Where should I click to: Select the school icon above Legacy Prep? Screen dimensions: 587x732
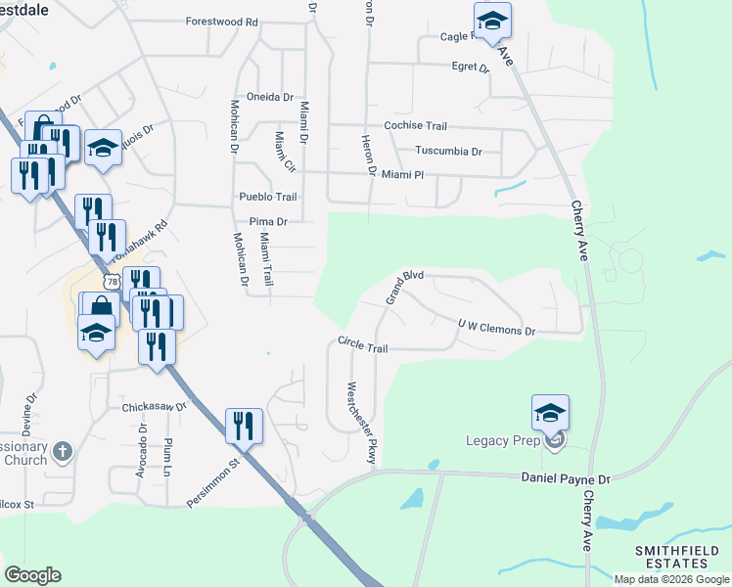coord(550,412)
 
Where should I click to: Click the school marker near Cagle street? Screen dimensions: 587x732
coord(492,20)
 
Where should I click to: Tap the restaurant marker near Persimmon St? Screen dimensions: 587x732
coord(244,426)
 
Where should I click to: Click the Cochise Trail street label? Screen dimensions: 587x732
coord(415,126)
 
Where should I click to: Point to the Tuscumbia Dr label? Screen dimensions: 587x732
coord(449,152)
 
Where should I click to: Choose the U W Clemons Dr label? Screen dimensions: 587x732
coord(496,328)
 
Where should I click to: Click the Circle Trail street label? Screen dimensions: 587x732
coord(363,345)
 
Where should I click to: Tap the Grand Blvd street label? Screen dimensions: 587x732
coord(403,288)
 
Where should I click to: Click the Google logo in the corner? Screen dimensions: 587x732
coord(32,575)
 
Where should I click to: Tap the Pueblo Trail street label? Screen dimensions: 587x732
coord(267,197)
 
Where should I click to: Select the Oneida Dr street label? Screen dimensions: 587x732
coord(269,97)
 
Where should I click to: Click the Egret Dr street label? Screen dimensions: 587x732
coord(471,68)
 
